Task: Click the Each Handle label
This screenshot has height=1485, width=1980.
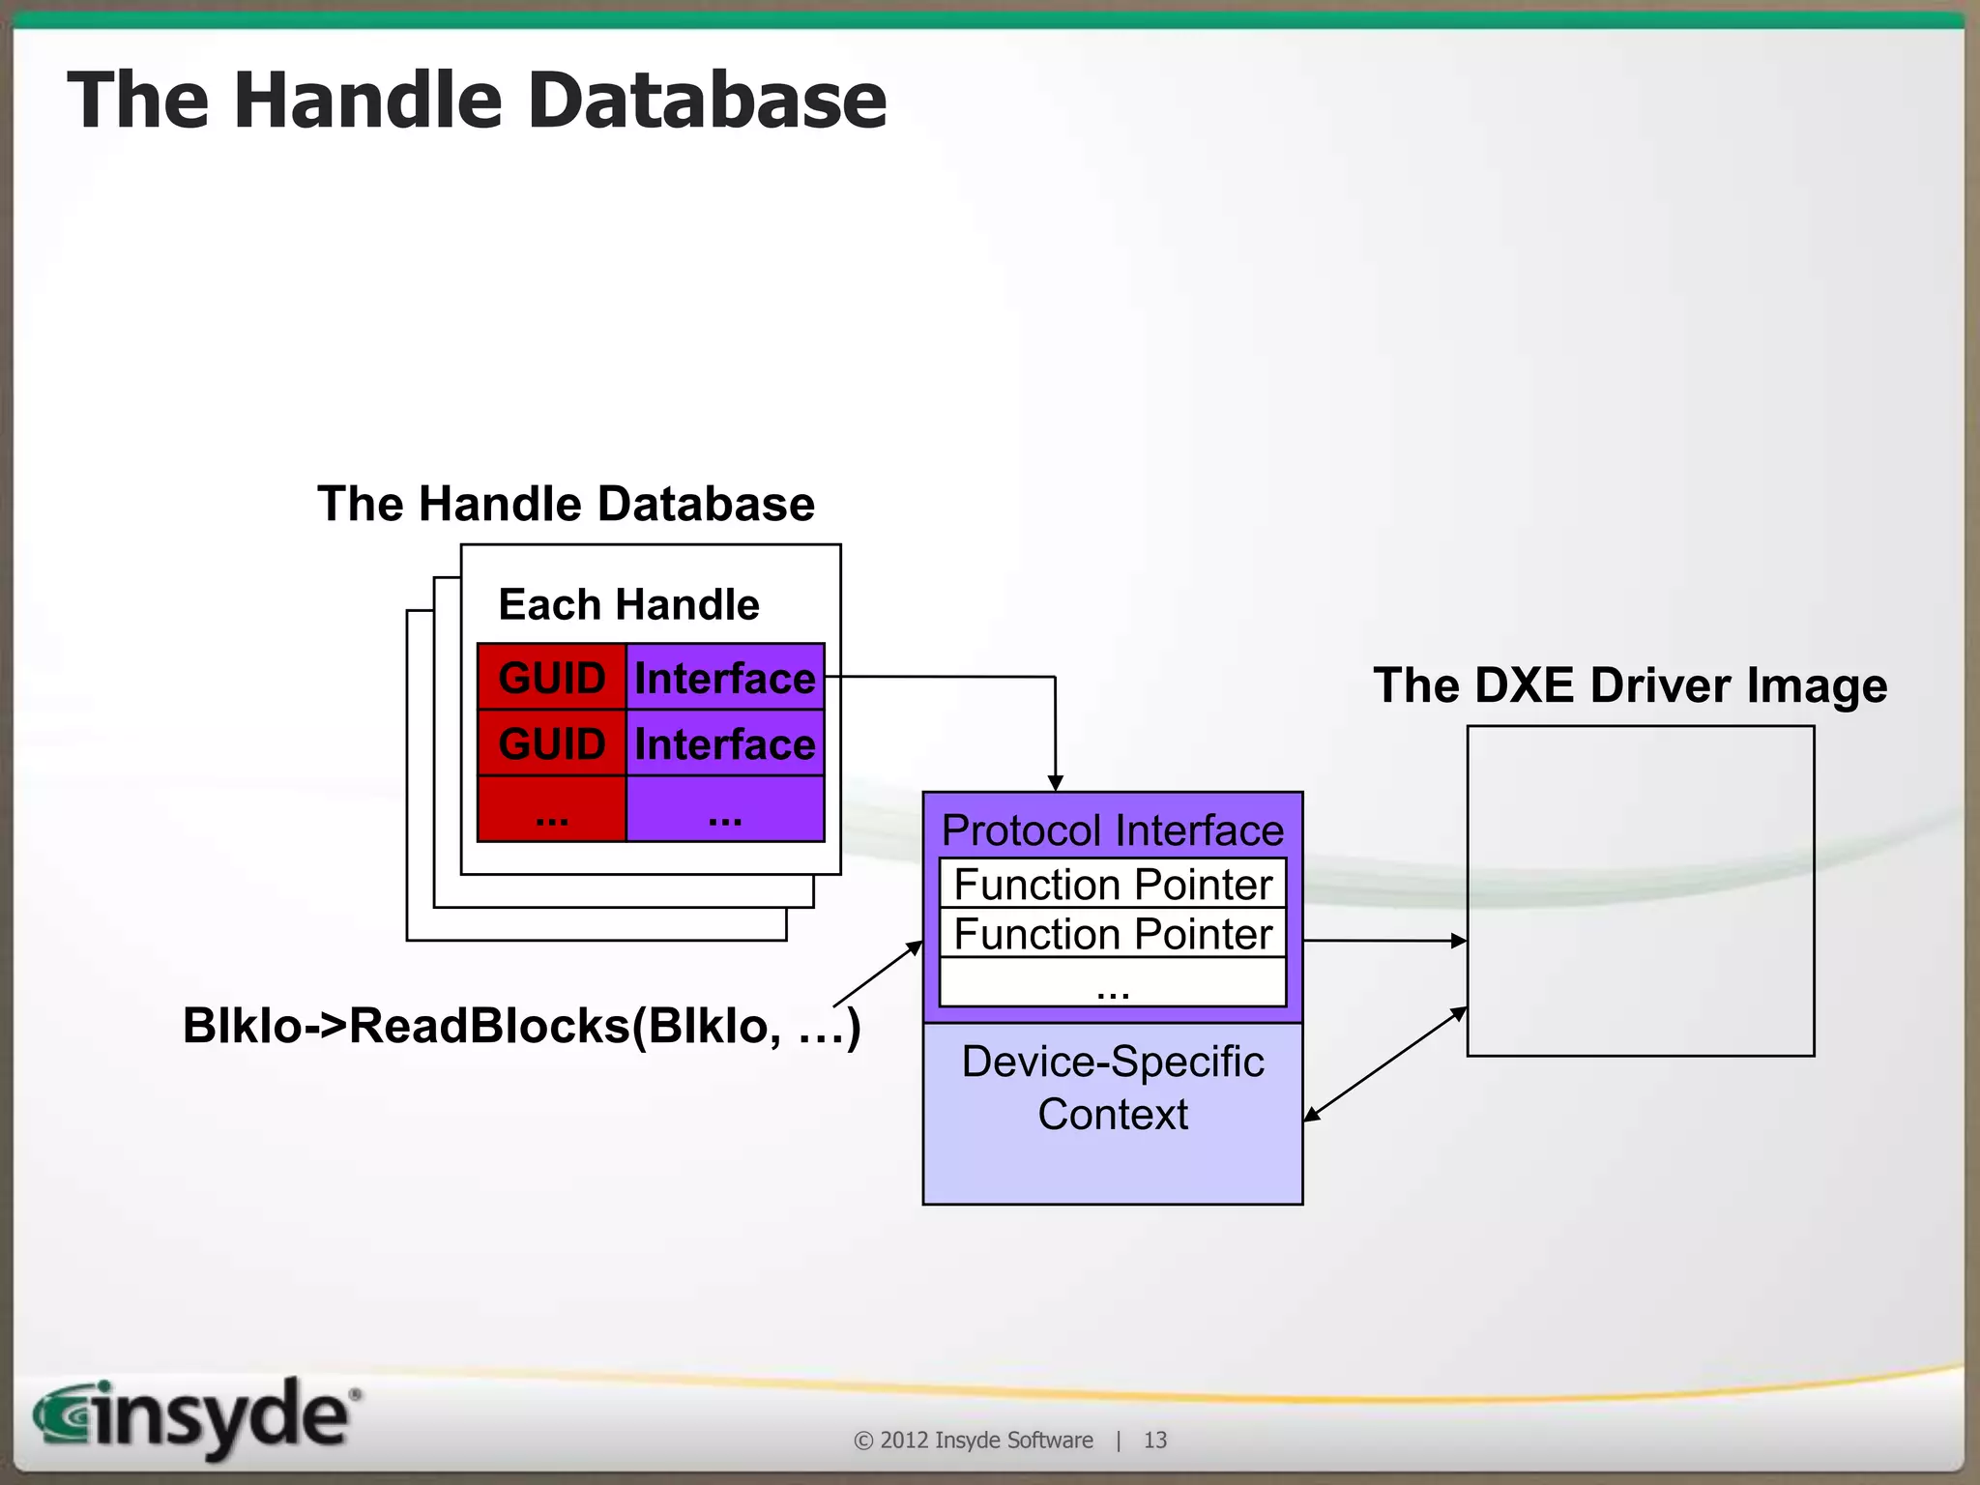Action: pos(628,604)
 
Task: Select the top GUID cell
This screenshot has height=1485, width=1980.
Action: pos(551,677)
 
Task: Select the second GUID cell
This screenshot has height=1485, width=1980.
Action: pos(551,743)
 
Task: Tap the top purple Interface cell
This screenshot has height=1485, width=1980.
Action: pos(725,677)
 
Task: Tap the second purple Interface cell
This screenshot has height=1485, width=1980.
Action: pos(725,743)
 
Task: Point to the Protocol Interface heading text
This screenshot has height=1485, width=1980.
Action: pos(1112,830)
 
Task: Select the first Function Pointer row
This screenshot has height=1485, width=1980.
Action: pos(1112,884)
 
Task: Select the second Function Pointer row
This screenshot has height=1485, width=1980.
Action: pos(1112,933)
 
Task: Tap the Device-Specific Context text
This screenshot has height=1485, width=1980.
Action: pos(1112,1088)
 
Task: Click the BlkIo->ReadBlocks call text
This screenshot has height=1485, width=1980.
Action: pos(520,1025)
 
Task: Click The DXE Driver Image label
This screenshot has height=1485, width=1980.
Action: pos(1630,684)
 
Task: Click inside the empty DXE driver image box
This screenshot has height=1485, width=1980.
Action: pos(1640,889)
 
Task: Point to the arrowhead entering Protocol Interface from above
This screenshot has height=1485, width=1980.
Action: pos(1055,783)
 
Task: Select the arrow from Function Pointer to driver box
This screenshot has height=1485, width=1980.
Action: pos(1383,940)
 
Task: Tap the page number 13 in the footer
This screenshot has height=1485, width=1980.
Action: pos(1154,1440)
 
